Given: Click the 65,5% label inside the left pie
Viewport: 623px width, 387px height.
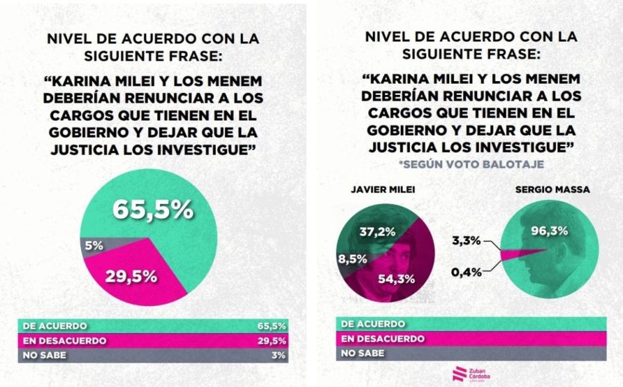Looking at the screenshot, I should point(154,210).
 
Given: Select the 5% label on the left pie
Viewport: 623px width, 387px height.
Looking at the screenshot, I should point(95,244).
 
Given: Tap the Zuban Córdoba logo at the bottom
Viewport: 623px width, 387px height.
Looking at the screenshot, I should point(471,373).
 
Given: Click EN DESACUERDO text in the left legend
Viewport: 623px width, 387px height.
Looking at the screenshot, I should point(64,341).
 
